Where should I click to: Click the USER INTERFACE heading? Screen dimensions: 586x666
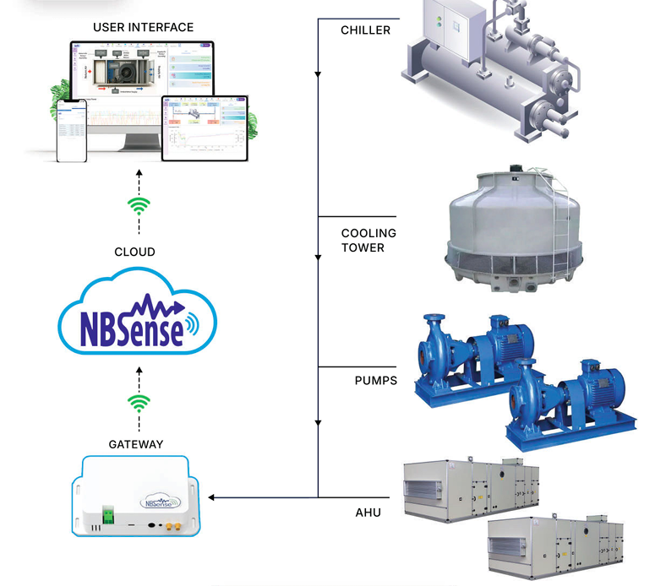(x=143, y=27)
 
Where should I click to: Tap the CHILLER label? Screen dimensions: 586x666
(x=365, y=30)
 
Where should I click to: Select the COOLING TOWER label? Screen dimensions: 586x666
(x=368, y=240)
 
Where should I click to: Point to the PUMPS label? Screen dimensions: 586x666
(x=375, y=380)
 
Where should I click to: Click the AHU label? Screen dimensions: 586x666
(x=368, y=512)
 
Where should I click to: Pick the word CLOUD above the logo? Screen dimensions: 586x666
(x=135, y=252)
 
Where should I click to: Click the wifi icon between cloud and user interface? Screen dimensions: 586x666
(x=138, y=206)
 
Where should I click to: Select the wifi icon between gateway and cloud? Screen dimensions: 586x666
(x=138, y=402)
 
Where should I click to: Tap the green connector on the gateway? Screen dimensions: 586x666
(x=109, y=512)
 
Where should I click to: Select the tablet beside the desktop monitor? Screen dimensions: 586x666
(x=206, y=127)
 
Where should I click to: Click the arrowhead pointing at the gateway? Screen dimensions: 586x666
(x=211, y=497)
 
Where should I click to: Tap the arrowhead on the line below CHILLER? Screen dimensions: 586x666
(x=318, y=75)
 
